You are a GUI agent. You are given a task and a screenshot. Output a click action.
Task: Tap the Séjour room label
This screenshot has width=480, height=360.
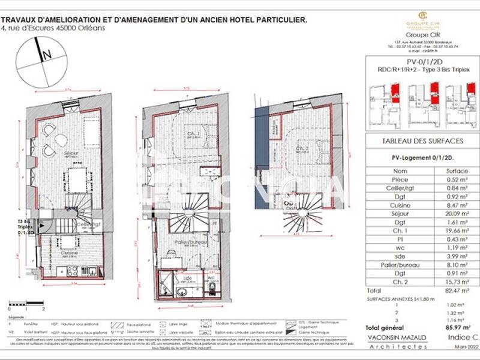(x=71, y=154)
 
